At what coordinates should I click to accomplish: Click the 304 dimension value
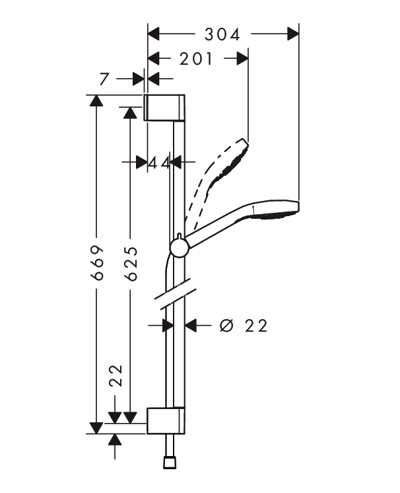[x=222, y=34]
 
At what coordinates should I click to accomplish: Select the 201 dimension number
[x=196, y=59]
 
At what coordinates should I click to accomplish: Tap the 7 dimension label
[x=104, y=79]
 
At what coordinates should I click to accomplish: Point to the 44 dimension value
[x=159, y=163]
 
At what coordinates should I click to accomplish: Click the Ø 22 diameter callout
[x=244, y=325]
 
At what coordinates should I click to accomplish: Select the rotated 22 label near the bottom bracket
[x=116, y=375]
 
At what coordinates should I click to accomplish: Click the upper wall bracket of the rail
[x=164, y=107]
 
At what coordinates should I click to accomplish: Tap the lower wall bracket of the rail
[x=166, y=420]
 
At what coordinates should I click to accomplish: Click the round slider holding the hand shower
[x=180, y=247]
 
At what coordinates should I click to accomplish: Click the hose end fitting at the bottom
[x=170, y=463]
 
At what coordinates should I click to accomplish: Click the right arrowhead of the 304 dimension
[x=293, y=34]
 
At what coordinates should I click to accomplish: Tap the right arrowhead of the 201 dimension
[x=243, y=58]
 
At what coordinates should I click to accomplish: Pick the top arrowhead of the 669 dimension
[x=96, y=100]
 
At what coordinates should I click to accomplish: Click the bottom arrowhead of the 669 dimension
[x=96, y=428]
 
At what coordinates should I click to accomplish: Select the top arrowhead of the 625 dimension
[x=130, y=112]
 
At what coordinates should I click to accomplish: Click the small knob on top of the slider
[x=179, y=236]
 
